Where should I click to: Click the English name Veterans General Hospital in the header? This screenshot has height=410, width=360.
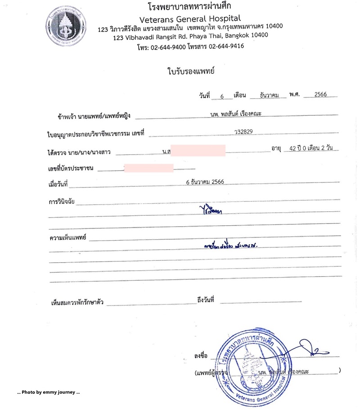190,19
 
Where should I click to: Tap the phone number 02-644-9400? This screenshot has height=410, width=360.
167,46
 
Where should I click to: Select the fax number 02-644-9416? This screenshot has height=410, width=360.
226,46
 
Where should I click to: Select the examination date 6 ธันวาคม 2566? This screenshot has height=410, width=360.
205,182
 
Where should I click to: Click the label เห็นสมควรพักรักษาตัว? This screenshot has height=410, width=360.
78,302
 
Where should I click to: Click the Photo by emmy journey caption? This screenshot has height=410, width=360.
48,392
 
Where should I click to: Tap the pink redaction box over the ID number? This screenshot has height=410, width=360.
149,168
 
